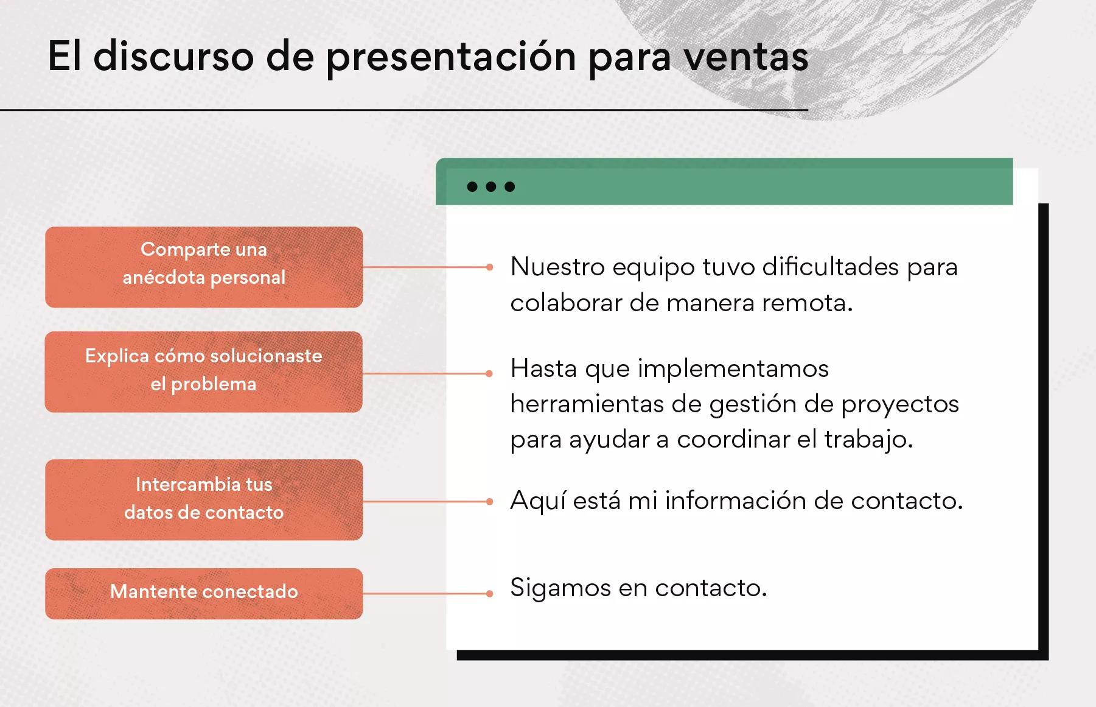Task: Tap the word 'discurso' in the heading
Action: click(173, 57)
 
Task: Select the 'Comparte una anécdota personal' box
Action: click(204, 267)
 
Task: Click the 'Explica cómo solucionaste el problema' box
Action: click(204, 371)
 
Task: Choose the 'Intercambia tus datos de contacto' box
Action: click(204, 499)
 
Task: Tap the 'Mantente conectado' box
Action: click(204, 593)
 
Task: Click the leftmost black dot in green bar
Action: click(472, 186)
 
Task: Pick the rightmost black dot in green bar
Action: click(510, 186)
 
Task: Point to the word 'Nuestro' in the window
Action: click(557, 267)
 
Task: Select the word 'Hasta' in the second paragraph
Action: click(543, 368)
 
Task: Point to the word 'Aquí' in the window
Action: click(537, 501)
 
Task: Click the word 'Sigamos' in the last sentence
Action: click(560, 588)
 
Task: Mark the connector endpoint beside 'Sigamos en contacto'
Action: click(489, 593)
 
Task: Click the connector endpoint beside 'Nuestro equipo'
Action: click(489, 267)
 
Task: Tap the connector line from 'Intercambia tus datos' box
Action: click(426, 501)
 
